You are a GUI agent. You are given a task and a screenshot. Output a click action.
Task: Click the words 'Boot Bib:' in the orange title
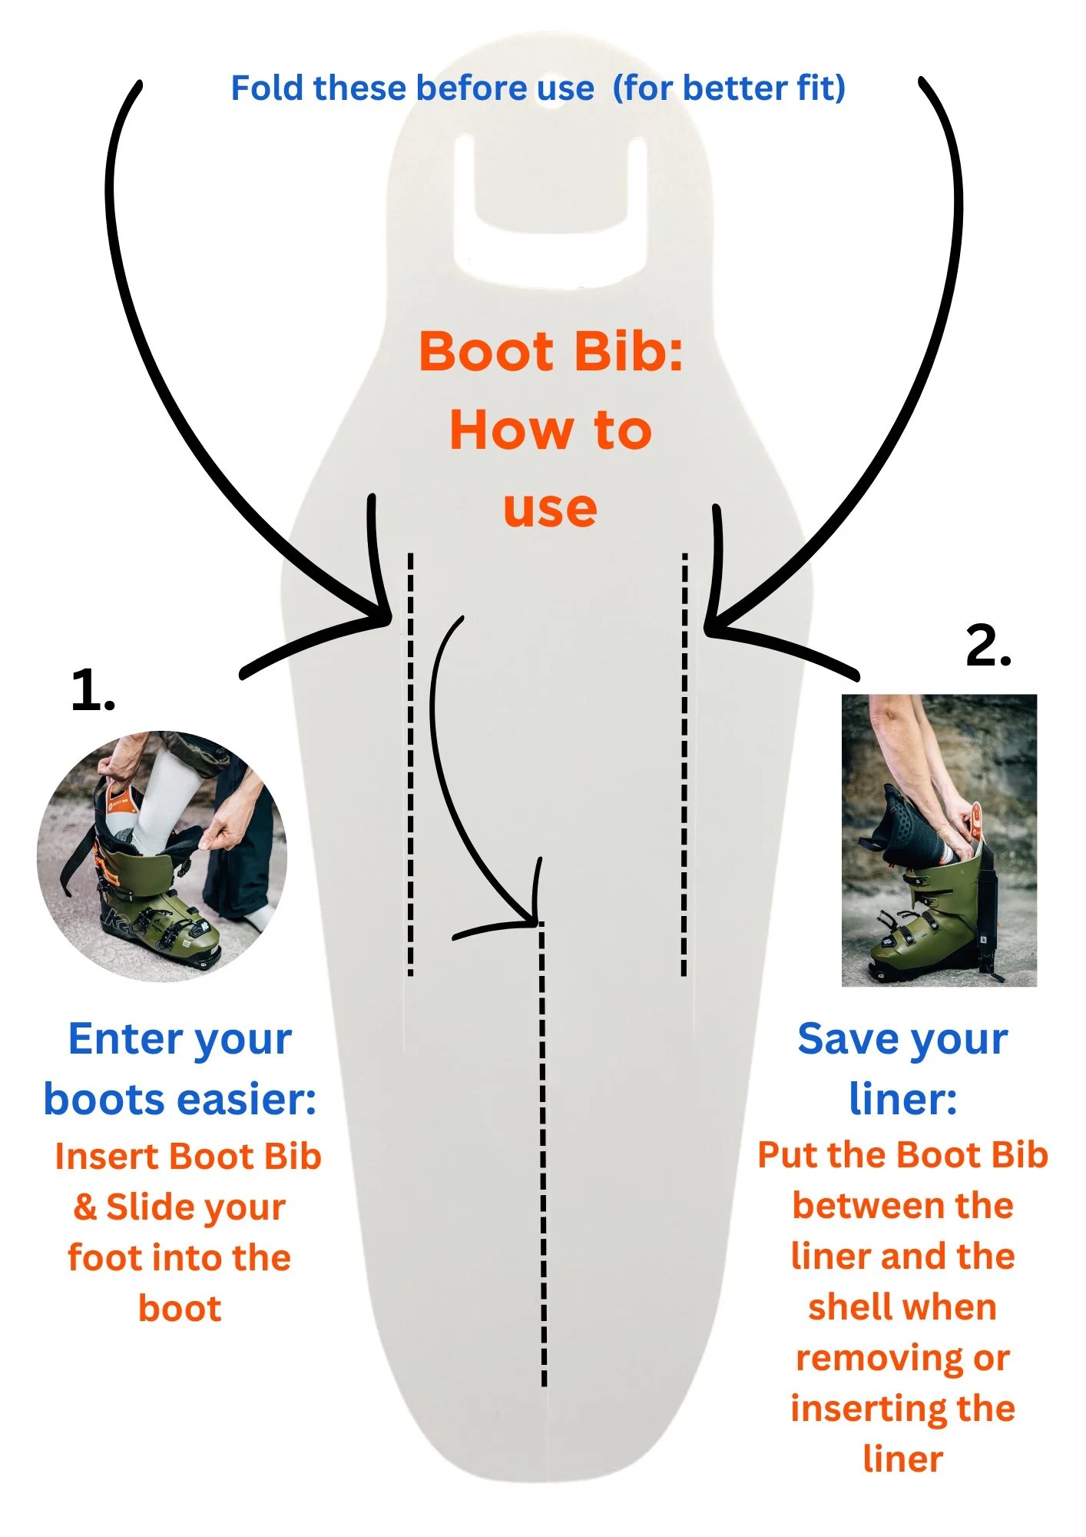tap(551, 352)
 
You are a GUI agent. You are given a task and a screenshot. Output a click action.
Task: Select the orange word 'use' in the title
tap(550, 510)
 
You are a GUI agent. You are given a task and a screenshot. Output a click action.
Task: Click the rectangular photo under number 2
tap(939, 840)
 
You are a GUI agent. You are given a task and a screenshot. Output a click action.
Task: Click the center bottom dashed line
tap(543, 1153)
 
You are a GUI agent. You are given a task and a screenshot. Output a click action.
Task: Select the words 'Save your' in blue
tap(902, 1039)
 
